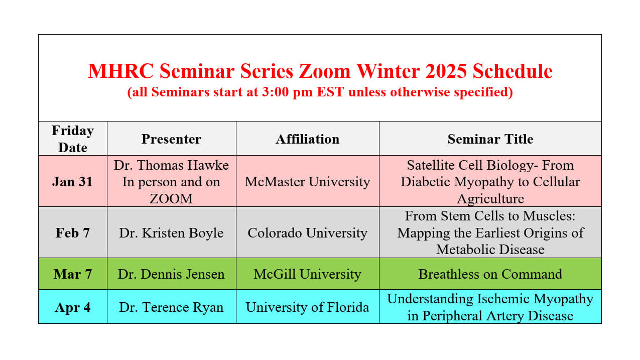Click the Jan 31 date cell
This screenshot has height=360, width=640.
pyautogui.click(x=73, y=182)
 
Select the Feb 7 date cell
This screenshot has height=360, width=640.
pyautogui.click(x=73, y=233)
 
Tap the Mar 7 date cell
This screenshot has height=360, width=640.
pyautogui.click(x=73, y=274)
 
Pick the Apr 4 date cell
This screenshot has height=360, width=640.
pyautogui.click(x=73, y=307)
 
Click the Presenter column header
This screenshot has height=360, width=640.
pyautogui.click(x=172, y=139)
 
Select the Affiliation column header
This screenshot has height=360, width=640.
pyautogui.click(x=308, y=139)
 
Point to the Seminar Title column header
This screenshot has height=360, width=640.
pyautogui.click(x=490, y=139)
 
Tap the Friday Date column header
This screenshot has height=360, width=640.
pyautogui.click(x=73, y=139)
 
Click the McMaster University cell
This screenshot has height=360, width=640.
pyautogui.click(x=308, y=182)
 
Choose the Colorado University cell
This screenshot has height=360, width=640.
pyautogui.click(x=308, y=233)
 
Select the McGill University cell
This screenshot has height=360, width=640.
pyautogui.click(x=308, y=274)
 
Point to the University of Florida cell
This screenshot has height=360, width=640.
pyautogui.click(x=308, y=307)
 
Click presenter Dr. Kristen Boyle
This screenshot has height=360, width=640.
pyautogui.click(x=172, y=233)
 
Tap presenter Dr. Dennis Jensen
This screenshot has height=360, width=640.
pyautogui.click(x=172, y=274)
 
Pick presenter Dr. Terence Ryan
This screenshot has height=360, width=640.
pyautogui.click(x=172, y=307)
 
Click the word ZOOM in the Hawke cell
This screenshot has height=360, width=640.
pyautogui.click(x=172, y=199)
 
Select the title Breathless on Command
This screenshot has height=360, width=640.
pyautogui.click(x=490, y=274)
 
